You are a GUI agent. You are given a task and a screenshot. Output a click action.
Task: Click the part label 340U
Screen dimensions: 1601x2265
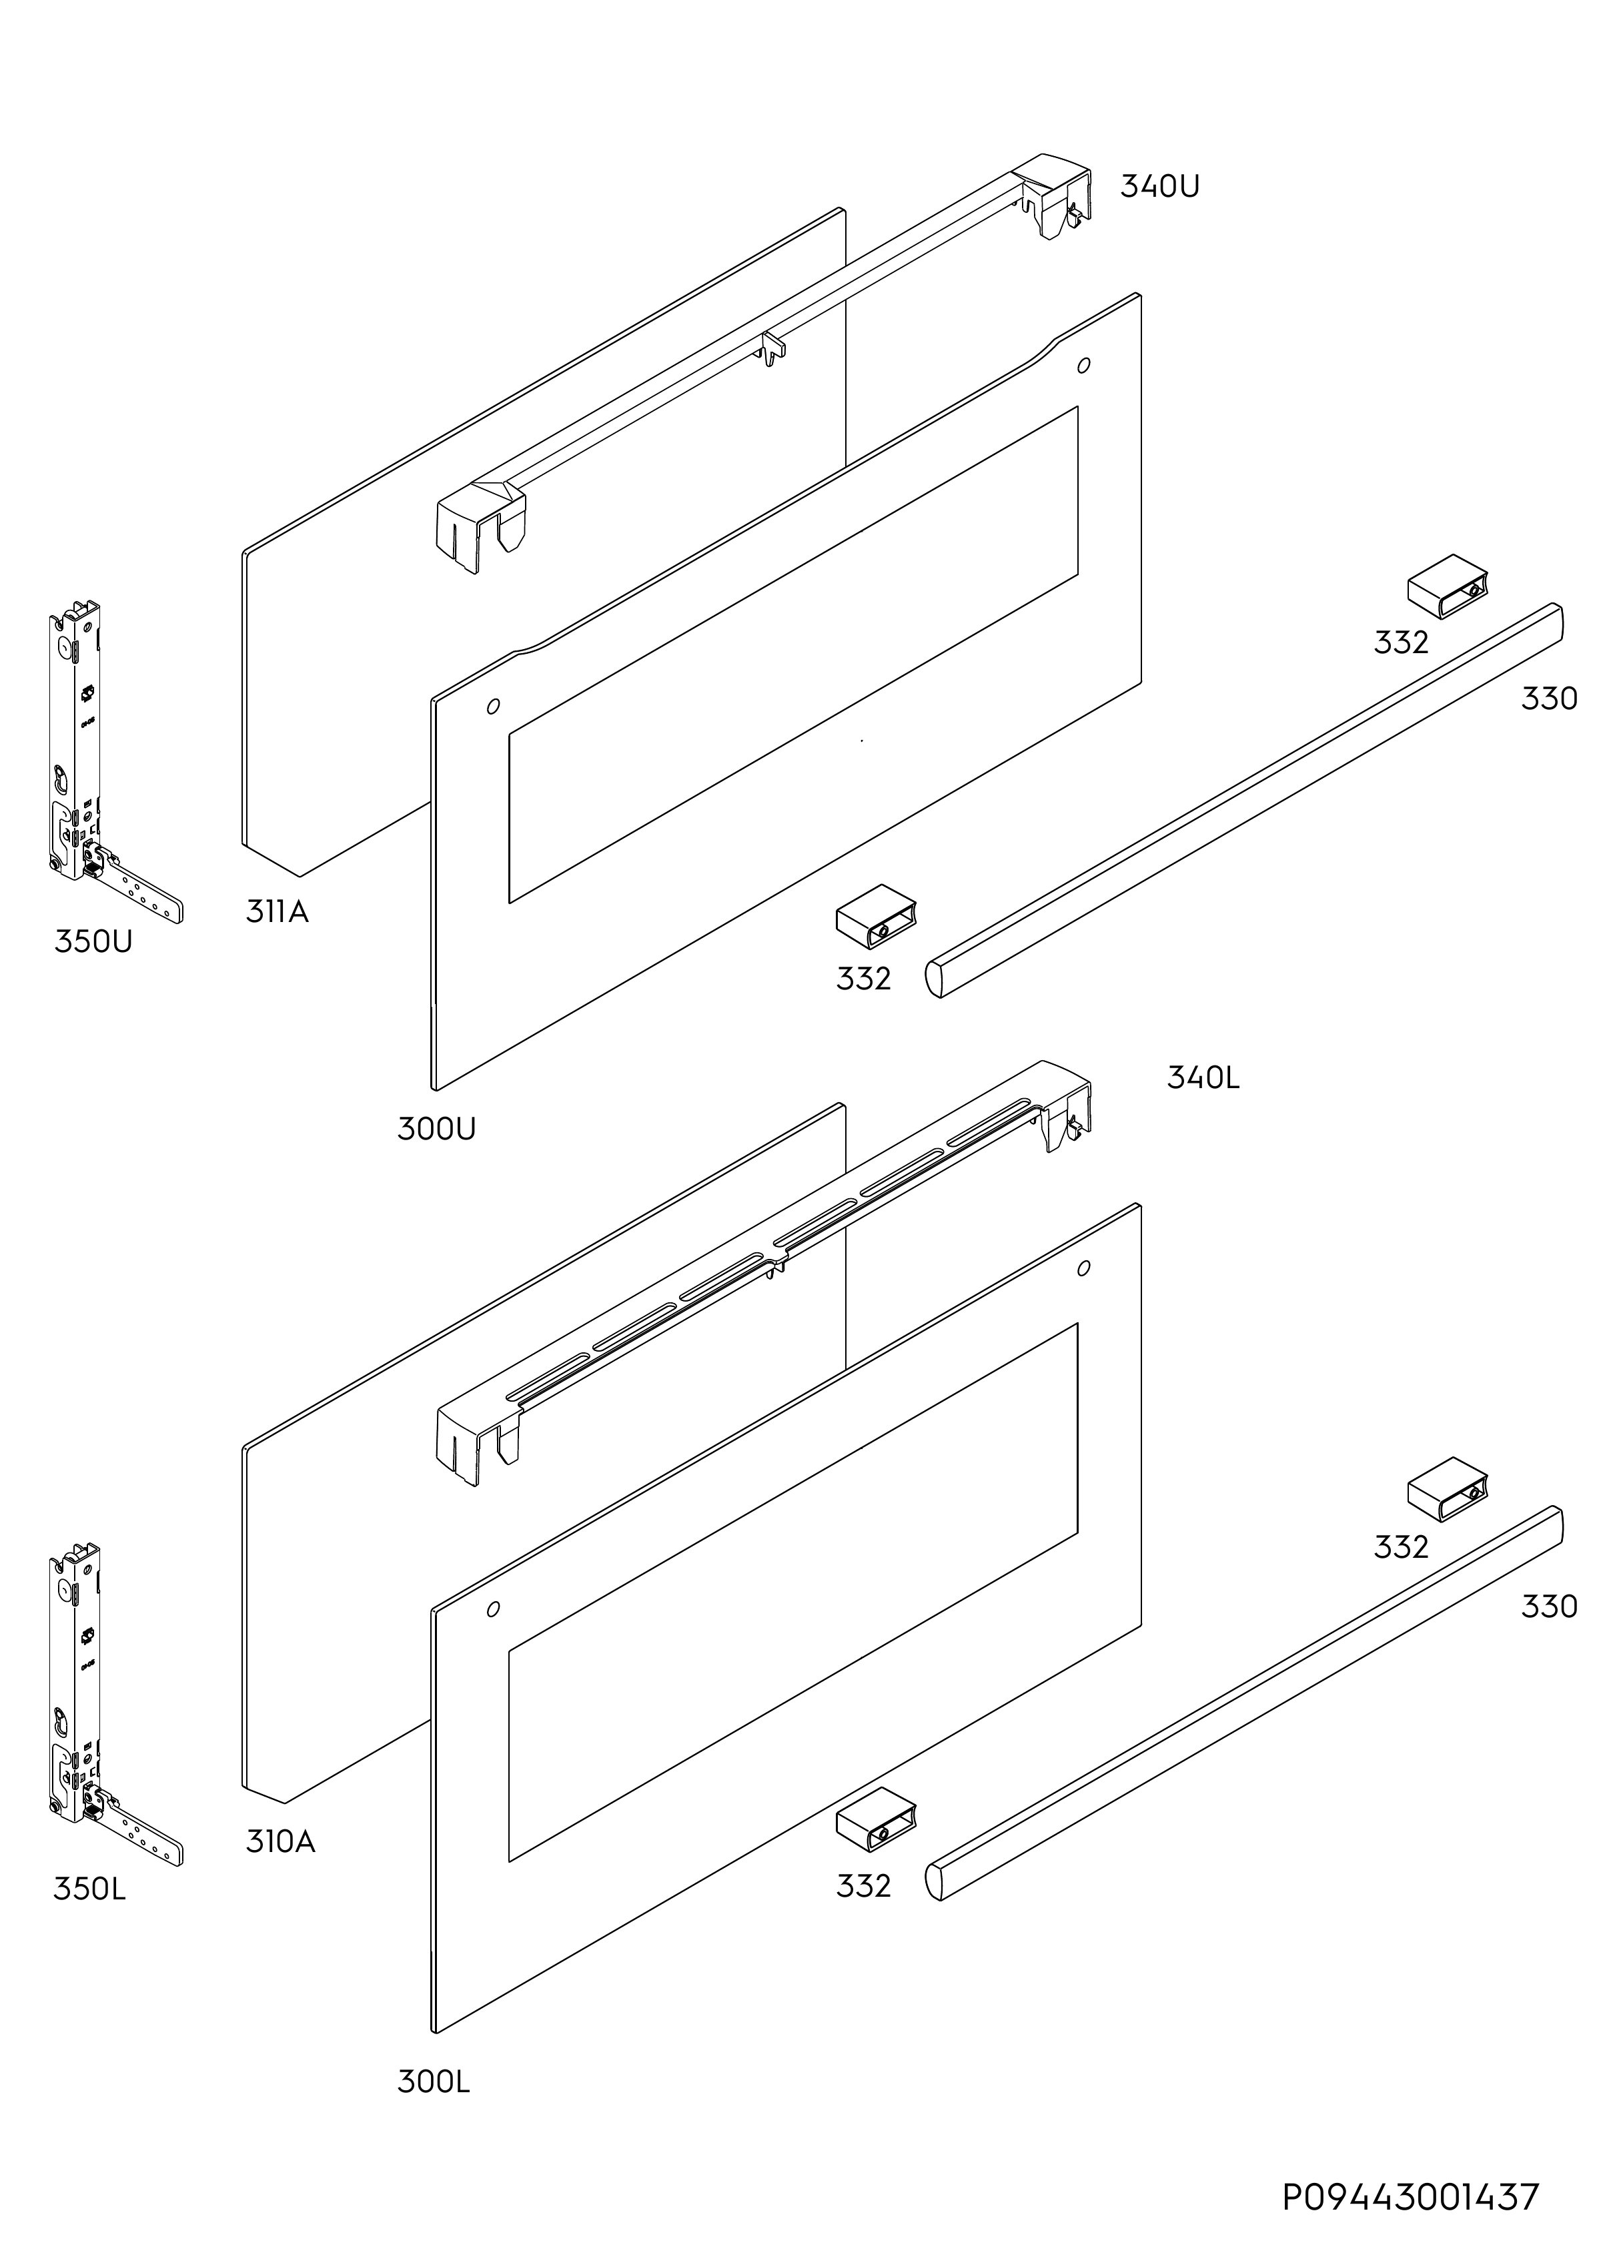point(1159,186)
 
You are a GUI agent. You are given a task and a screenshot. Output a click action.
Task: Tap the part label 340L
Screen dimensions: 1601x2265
point(1203,1077)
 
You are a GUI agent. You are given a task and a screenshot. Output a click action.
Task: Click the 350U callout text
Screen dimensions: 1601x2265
point(93,941)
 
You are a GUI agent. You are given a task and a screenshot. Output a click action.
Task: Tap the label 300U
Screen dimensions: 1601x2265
point(436,1129)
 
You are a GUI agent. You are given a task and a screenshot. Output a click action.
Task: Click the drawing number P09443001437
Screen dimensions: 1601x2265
point(1411,2197)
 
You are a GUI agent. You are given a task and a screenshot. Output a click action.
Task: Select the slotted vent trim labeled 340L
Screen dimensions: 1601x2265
point(764,1272)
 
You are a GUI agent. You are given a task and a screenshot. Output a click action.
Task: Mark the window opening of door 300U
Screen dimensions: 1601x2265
point(793,655)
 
